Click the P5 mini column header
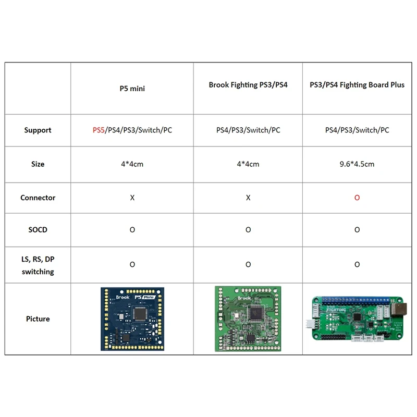click(x=132, y=89)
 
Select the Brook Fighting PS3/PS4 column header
click(x=248, y=85)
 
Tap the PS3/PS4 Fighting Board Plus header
click(x=357, y=85)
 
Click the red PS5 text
click(x=99, y=130)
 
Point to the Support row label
click(x=38, y=130)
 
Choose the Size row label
click(x=38, y=164)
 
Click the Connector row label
click(x=38, y=198)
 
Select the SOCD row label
click(x=38, y=229)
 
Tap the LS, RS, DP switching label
click(x=38, y=265)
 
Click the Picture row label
click(x=38, y=318)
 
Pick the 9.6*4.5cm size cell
click(x=357, y=164)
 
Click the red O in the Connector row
click(x=357, y=198)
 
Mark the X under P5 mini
click(x=132, y=198)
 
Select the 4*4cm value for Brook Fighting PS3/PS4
click(x=248, y=164)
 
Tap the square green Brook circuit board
click(x=248, y=318)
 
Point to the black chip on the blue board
click(x=140, y=313)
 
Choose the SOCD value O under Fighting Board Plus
click(x=357, y=229)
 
